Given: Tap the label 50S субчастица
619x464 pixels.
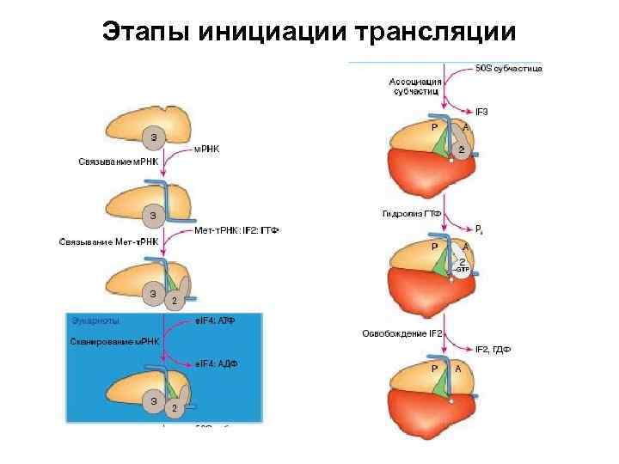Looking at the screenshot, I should click(x=509, y=69).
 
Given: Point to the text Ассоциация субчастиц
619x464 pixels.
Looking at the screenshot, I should click(x=415, y=86).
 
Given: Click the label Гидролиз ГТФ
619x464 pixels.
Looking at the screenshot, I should click(x=411, y=212).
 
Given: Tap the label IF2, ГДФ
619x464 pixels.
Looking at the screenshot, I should click(x=493, y=350).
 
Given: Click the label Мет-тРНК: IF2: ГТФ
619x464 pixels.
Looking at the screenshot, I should click(x=237, y=230).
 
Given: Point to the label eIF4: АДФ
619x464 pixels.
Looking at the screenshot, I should click(x=216, y=363).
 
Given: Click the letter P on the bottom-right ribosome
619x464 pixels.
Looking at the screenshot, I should click(x=435, y=368).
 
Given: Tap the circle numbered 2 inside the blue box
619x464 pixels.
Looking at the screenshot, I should click(x=175, y=406).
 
